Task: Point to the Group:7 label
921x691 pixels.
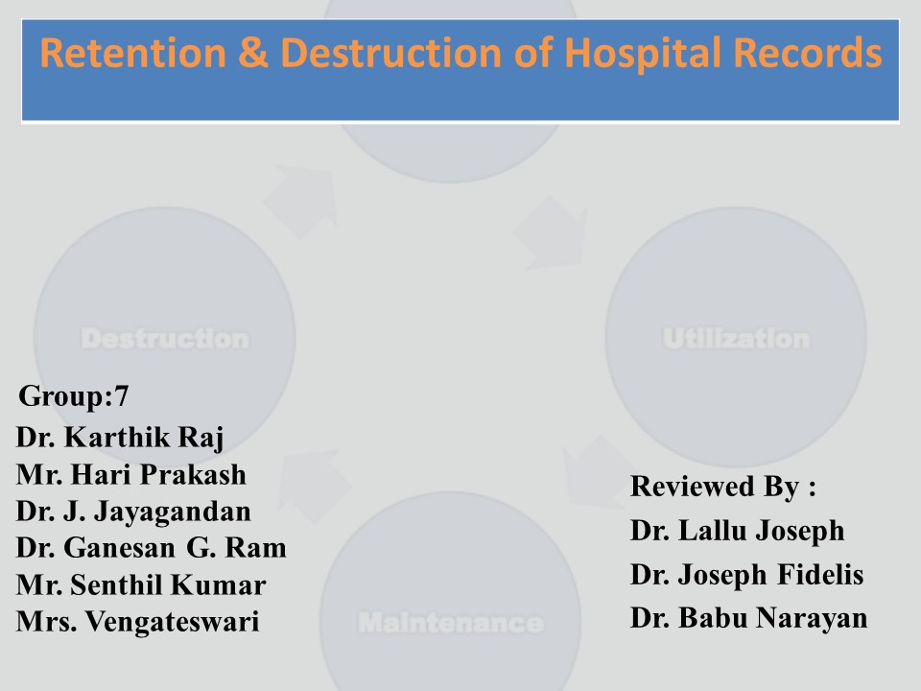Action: (x=74, y=395)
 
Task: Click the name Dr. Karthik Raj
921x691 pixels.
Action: (x=120, y=439)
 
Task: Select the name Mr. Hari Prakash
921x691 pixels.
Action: (x=131, y=475)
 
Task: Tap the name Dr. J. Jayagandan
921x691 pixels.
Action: (x=133, y=512)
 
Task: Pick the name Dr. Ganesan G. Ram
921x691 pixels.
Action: (x=152, y=548)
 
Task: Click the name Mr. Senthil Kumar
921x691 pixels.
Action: (x=141, y=584)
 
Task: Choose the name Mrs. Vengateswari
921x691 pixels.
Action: (x=138, y=621)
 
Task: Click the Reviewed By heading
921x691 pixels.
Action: (x=723, y=487)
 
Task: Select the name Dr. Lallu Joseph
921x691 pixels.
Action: (x=738, y=531)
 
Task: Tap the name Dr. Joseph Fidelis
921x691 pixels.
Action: (x=747, y=575)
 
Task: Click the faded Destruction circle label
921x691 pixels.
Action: (x=164, y=339)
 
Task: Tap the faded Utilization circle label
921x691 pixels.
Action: (x=736, y=339)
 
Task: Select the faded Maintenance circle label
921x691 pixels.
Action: (x=450, y=623)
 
